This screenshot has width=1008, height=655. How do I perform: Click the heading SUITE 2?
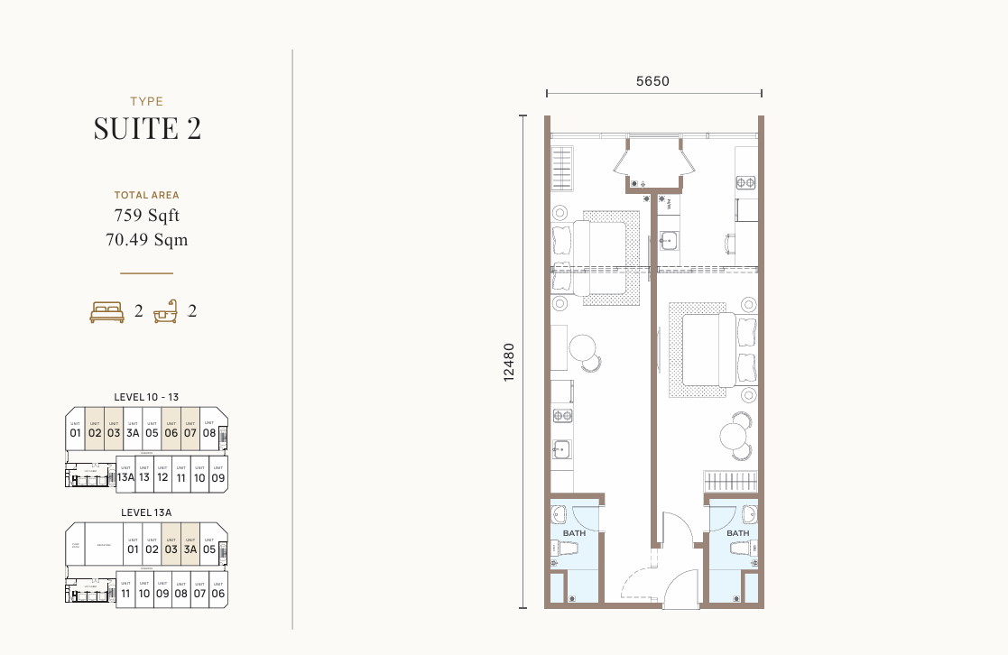point(147,129)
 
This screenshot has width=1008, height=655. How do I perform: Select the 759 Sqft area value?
point(147,216)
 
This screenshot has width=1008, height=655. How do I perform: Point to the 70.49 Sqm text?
point(147,240)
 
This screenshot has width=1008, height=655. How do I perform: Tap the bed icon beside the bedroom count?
point(106,312)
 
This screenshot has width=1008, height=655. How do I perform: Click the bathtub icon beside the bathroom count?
point(165,312)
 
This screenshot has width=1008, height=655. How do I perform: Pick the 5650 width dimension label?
point(652,81)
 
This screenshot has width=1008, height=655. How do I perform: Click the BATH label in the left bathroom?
point(574,533)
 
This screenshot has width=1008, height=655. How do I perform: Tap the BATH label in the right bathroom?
point(737,533)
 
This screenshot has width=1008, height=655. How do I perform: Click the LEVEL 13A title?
point(146,512)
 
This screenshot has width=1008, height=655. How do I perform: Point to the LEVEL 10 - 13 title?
point(146,396)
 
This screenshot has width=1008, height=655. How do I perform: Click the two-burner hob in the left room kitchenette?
point(562,416)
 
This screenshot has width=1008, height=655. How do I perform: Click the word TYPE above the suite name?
point(147,102)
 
